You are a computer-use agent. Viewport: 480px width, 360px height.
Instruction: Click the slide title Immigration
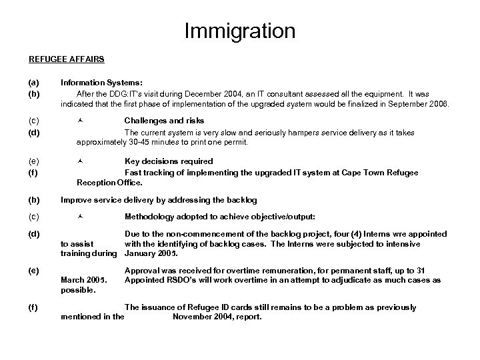point(239,31)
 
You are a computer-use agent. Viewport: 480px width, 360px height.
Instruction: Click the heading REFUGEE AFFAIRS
point(66,59)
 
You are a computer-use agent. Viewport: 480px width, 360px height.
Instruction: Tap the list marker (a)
point(33,83)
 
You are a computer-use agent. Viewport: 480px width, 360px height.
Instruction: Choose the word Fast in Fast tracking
point(134,171)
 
